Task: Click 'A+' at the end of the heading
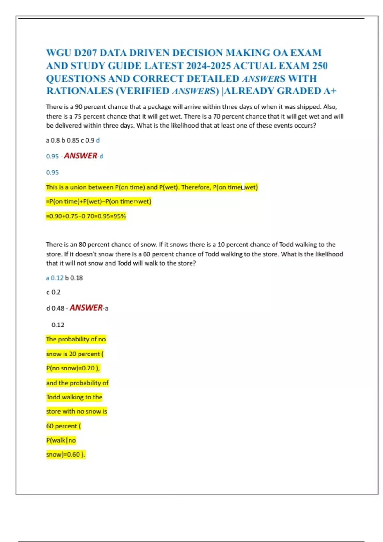point(330,91)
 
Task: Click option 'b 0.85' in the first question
point(70,140)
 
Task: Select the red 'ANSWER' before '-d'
point(81,156)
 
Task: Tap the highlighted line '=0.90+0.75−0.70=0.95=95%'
point(86,216)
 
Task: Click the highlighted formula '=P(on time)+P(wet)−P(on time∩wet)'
point(98,201)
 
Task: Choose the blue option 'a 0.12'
point(55,278)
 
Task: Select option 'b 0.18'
point(74,278)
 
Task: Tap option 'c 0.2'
point(53,292)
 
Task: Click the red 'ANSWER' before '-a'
point(86,308)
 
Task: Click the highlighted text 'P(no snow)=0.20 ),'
point(73,368)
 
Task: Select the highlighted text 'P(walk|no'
point(61,440)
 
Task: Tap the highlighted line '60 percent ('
point(64,426)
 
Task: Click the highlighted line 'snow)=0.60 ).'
point(65,454)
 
